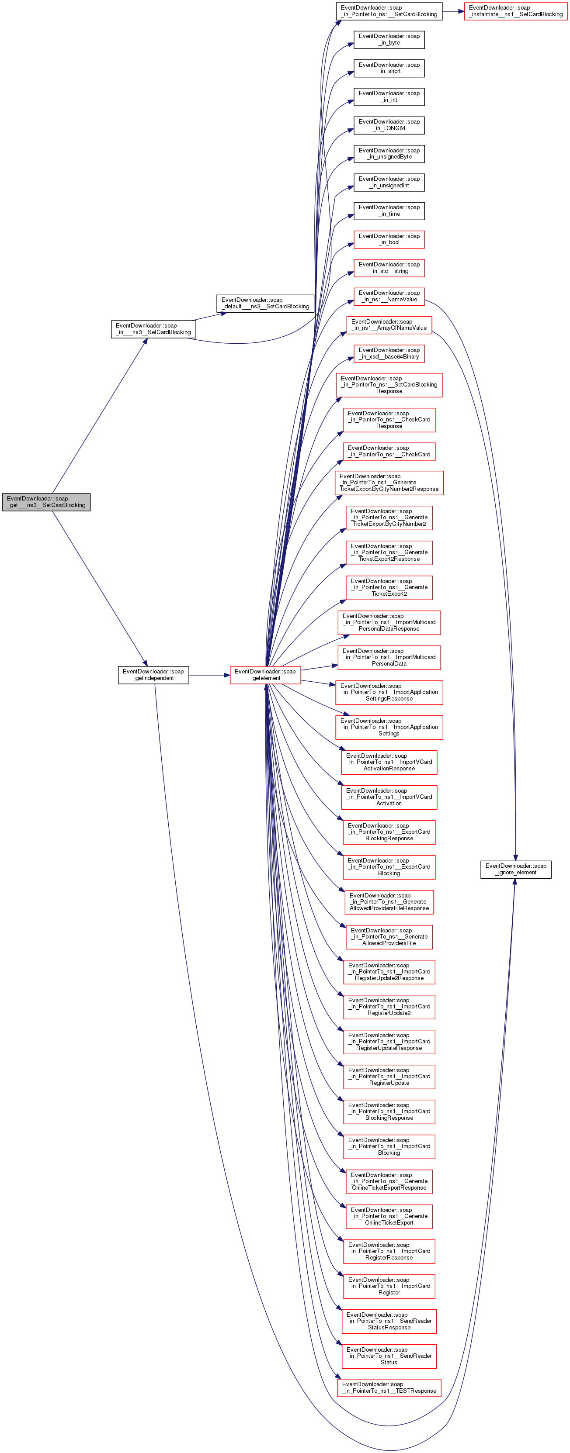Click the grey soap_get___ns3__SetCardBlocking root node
pyautogui.click(x=46, y=501)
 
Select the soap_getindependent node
pyautogui.click(x=153, y=675)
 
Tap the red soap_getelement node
pyautogui.click(x=265, y=675)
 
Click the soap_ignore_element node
pyautogui.click(x=515, y=869)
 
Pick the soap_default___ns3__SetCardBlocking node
pyautogui.click(x=265, y=303)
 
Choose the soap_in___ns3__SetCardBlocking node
pyautogui.click(x=153, y=329)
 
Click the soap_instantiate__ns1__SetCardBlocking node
pyautogui.click(x=515, y=11)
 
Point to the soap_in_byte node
pyautogui.click(x=389, y=39)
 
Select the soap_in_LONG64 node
pyautogui.click(x=389, y=124)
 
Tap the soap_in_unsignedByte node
pyautogui.click(x=389, y=153)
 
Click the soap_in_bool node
pyautogui.click(x=389, y=239)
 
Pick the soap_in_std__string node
pyautogui.click(x=389, y=267)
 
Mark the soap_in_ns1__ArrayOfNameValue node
pyautogui.click(x=389, y=324)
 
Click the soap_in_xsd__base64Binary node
pyautogui.click(x=389, y=353)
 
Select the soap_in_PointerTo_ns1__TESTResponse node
pyautogui.click(x=389, y=1387)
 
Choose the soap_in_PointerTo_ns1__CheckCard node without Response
pyautogui.click(x=389, y=451)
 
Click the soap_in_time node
pyautogui.click(x=389, y=211)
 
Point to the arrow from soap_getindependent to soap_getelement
pyautogui.click(x=209, y=675)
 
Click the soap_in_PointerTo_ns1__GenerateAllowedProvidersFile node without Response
pyautogui.click(x=389, y=936)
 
